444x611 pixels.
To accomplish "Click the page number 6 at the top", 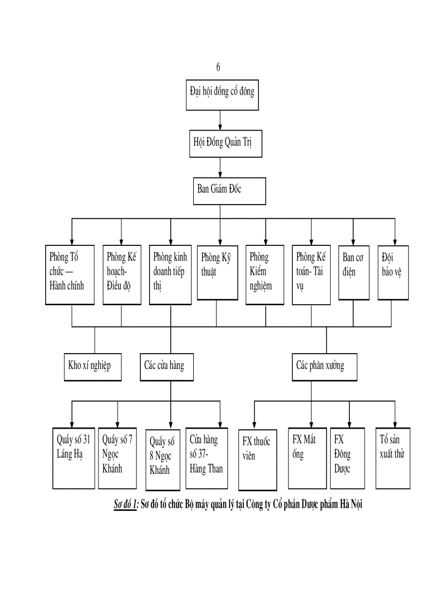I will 218,67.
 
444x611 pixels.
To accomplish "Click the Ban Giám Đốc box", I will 229,190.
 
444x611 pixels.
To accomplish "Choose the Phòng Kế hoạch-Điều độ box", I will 122,274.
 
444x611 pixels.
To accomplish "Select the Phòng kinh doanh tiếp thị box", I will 170,274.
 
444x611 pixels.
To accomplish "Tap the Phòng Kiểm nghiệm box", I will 266,274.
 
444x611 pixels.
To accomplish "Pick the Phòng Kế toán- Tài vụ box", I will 311,274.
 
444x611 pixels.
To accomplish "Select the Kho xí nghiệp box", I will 91,366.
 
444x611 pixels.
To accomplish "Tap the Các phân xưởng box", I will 325,366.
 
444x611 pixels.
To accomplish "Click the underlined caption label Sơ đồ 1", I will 122,505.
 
